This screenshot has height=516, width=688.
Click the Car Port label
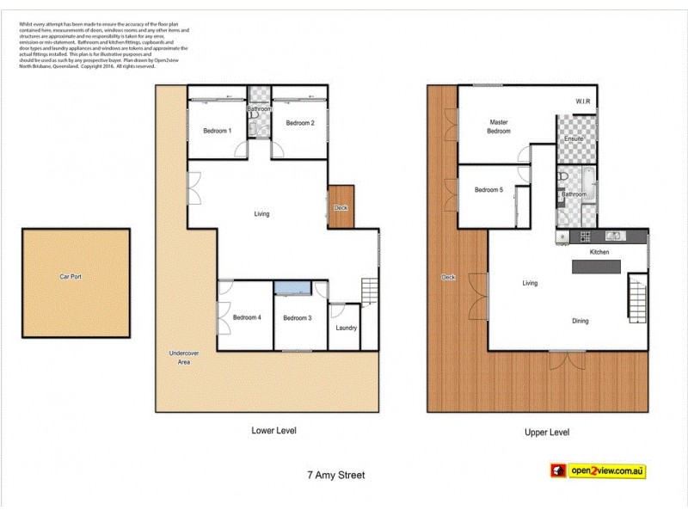point(76,277)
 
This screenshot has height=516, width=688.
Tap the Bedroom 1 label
point(217,131)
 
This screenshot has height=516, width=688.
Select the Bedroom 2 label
point(300,123)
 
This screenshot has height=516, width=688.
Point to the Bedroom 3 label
point(298,318)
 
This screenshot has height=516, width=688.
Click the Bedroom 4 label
point(247,317)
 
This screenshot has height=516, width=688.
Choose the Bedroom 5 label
point(488,190)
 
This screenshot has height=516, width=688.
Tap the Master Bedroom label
point(500,126)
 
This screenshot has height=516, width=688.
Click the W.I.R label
point(585,102)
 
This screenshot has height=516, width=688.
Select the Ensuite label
point(574,139)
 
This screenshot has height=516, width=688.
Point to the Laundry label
point(347,328)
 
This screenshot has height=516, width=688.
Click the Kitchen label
point(599,252)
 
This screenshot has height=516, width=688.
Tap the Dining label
point(580,321)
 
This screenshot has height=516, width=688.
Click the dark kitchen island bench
point(596,268)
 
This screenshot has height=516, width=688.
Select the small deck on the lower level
point(341,207)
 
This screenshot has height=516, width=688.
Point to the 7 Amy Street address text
point(336,474)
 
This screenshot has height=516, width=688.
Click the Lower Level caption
point(273,430)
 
